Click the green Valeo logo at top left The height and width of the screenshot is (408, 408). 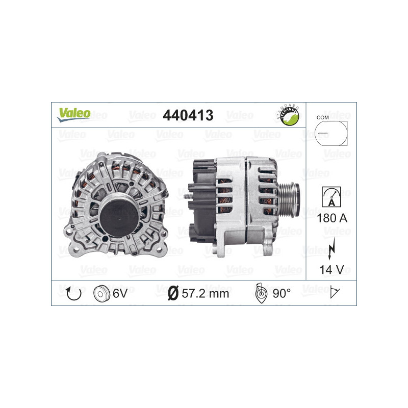point(73,115)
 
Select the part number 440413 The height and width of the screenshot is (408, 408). point(187,115)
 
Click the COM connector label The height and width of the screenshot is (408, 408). point(322,117)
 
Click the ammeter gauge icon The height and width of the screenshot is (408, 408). point(331,196)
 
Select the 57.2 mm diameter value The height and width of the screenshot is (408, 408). point(205,293)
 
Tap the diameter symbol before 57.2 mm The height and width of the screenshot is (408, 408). point(172,293)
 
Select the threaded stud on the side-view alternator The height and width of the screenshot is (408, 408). point(184,194)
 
